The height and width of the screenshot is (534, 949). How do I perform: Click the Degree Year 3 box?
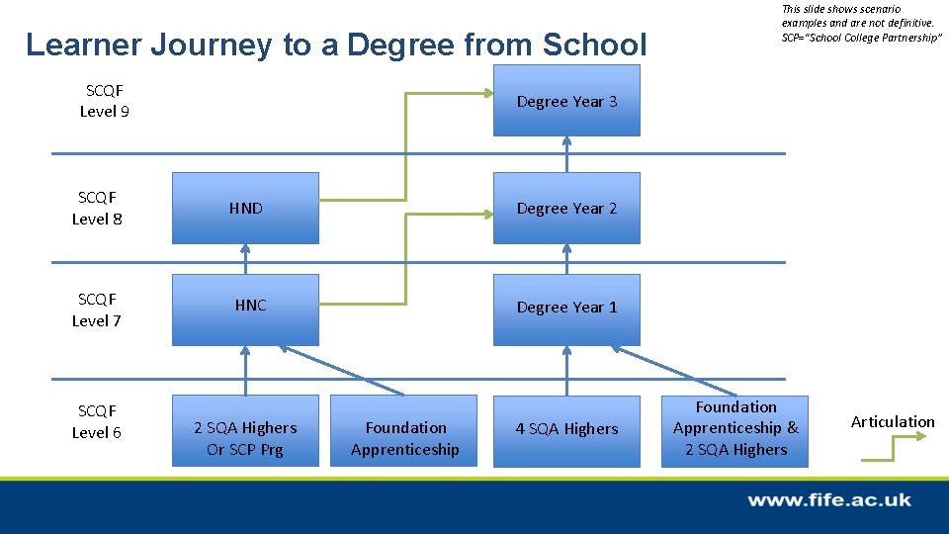pyautogui.click(x=566, y=101)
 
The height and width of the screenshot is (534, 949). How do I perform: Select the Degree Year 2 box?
pyautogui.click(x=566, y=208)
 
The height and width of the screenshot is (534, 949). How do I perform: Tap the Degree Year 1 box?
pyautogui.click(x=566, y=308)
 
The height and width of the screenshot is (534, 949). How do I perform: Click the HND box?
pyautogui.click(x=245, y=208)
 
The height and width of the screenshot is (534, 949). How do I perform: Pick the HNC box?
pyautogui.click(x=245, y=308)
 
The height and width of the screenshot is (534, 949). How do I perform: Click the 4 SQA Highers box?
pyautogui.click(x=566, y=430)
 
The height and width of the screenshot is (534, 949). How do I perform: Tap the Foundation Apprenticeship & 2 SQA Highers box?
pyautogui.click(x=734, y=429)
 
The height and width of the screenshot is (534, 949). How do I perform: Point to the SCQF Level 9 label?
pyautogui.click(x=104, y=101)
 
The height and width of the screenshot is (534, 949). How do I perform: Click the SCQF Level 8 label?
pyautogui.click(x=97, y=208)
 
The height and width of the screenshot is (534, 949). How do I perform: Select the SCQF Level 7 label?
pyautogui.click(x=97, y=310)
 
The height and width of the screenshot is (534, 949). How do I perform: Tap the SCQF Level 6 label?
pyautogui.click(x=97, y=421)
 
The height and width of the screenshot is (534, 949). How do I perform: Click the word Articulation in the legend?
pyautogui.click(x=892, y=422)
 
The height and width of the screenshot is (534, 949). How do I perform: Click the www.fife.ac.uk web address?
pyautogui.click(x=828, y=500)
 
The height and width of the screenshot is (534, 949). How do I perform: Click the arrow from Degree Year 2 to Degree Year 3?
pyautogui.click(x=566, y=154)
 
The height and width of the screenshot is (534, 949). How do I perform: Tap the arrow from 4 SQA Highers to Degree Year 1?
pyautogui.click(x=566, y=371)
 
